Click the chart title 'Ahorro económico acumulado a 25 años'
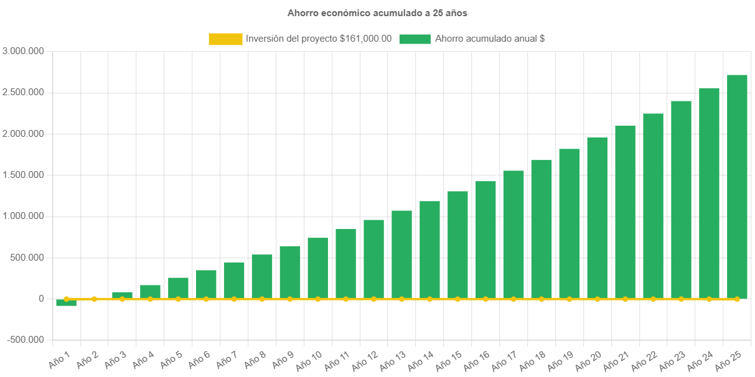pos(377,12)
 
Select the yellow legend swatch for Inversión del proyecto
pos(225,39)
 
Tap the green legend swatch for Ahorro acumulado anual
pos(415,39)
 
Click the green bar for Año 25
pos(737,187)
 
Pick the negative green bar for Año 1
pos(66,303)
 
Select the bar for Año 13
pos(401,254)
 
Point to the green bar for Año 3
pos(122,295)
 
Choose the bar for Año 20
pos(597,218)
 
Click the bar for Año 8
pos(262,276)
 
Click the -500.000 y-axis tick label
pos(26,340)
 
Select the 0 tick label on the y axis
pos(41,299)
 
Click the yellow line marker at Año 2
pos(94,299)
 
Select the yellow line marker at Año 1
pos(66,299)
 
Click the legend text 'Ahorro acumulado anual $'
pos(490,39)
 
